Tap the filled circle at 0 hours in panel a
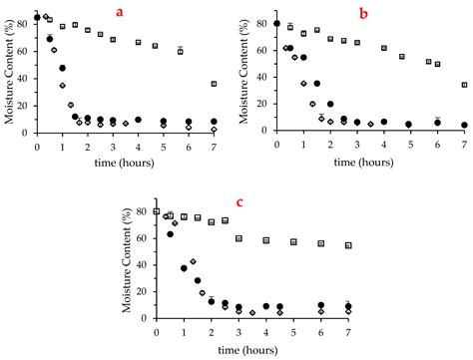click(x=37, y=18)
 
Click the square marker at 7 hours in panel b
click(x=465, y=85)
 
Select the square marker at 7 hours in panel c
click(x=348, y=245)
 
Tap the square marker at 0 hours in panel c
click(x=157, y=211)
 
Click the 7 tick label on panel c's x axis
click(x=348, y=332)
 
